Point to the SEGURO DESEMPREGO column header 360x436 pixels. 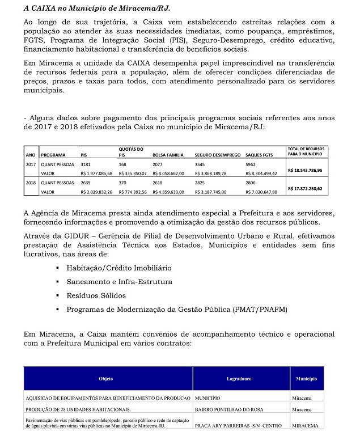click(x=218, y=154)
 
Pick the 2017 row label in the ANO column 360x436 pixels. click(x=31, y=164)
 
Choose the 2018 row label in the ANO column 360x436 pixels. click(x=31, y=183)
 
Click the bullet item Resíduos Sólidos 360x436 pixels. click(x=96, y=295)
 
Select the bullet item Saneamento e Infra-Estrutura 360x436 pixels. click(x=119, y=282)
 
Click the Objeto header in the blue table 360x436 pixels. click(x=106, y=378)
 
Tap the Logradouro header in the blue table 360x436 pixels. click(x=239, y=378)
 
